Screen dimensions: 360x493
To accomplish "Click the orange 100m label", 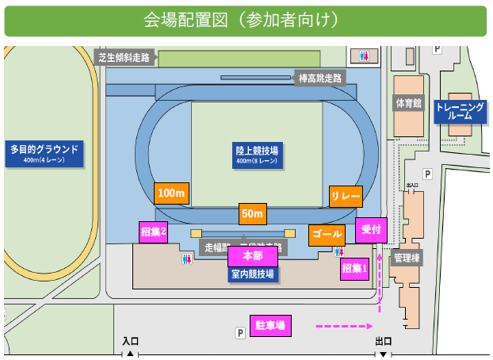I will (x=170, y=193).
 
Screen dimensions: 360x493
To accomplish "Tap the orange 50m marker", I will (x=253, y=214).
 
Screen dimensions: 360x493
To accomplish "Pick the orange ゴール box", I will (x=327, y=235).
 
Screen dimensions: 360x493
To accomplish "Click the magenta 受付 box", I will (x=371, y=229).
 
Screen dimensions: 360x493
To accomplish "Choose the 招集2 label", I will (x=153, y=232).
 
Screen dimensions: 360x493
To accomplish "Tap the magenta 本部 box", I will (x=252, y=256).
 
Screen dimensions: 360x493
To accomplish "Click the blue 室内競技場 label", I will (x=252, y=274).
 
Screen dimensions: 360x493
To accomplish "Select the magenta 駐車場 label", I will (x=270, y=325).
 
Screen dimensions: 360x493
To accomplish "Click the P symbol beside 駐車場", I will (x=239, y=335).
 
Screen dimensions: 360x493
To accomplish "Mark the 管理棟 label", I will (x=407, y=258).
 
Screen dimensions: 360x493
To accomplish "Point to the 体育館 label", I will (x=408, y=103).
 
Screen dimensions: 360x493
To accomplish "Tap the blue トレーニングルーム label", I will (x=460, y=111).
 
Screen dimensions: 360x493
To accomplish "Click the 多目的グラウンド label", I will (x=44, y=152).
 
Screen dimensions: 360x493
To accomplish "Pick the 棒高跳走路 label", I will (x=320, y=78).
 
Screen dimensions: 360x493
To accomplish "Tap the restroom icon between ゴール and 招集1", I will (x=339, y=251).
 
